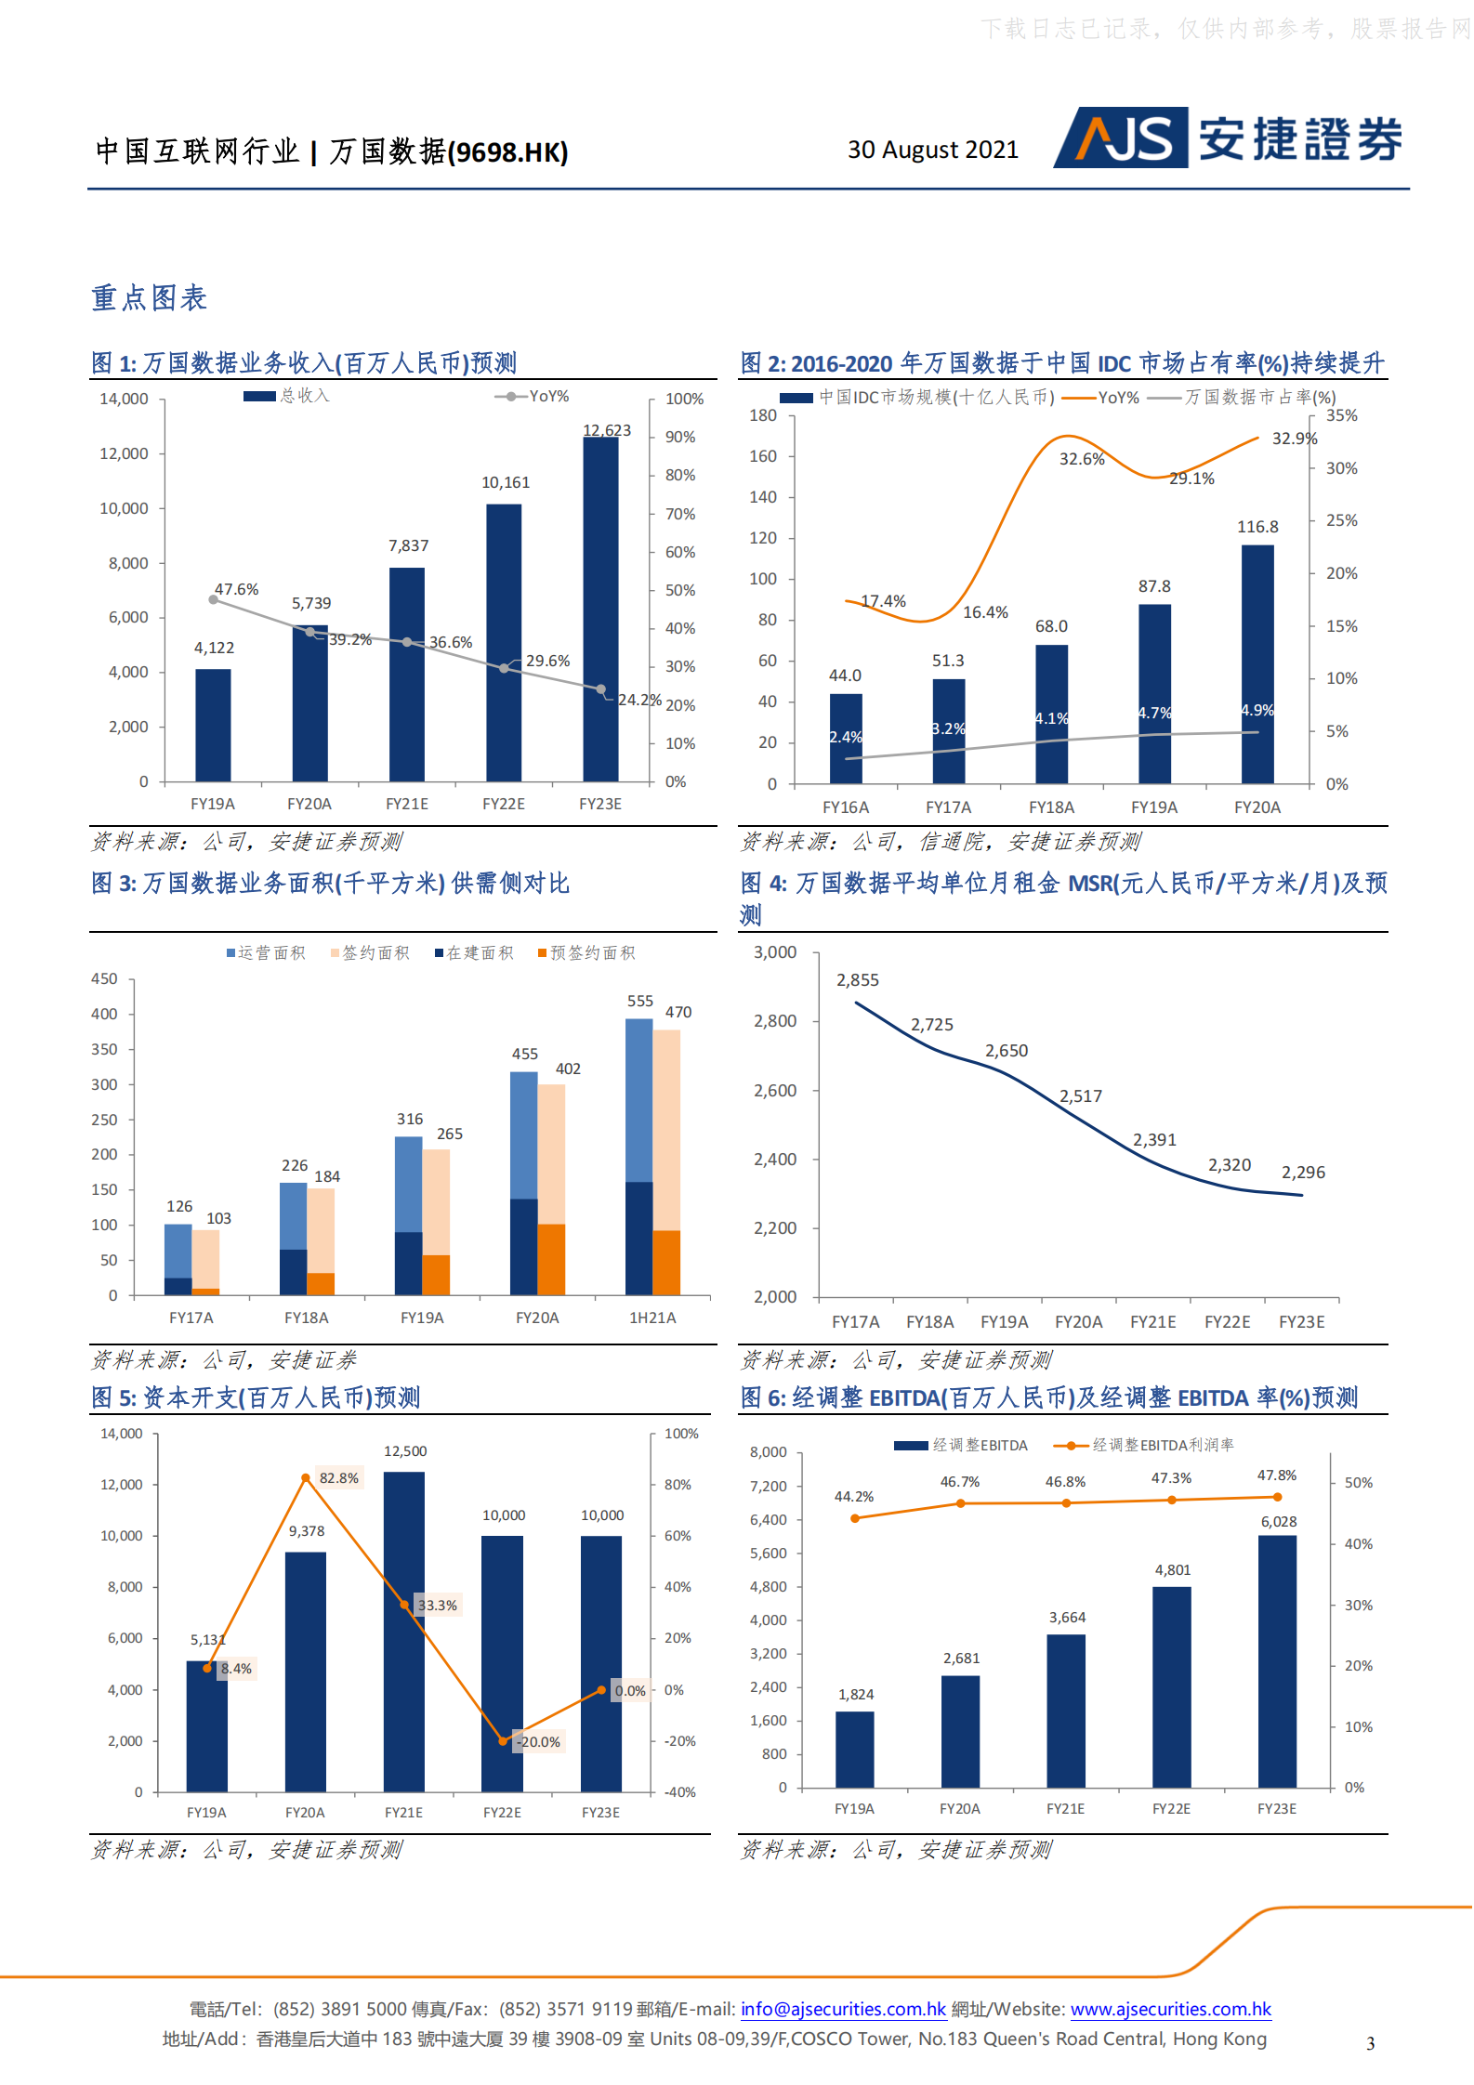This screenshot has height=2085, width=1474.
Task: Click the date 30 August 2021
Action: point(932,150)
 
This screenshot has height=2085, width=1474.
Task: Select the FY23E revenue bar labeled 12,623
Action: point(600,609)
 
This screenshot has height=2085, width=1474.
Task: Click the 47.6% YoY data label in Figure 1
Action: point(236,589)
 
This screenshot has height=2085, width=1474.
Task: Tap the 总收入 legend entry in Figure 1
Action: point(287,396)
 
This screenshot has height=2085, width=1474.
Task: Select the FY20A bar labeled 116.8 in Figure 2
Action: point(1257,663)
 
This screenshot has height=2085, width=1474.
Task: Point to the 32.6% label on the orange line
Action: point(1081,459)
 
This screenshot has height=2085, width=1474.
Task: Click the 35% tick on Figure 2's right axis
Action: point(1341,415)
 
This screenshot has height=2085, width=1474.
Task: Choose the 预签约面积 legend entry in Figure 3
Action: point(586,952)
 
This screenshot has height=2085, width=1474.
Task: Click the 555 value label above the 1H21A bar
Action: point(639,1001)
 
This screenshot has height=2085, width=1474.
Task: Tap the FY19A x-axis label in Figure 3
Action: point(422,1318)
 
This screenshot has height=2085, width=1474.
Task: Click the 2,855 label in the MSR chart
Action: point(857,980)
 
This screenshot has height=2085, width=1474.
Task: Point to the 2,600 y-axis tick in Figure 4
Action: point(775,1090)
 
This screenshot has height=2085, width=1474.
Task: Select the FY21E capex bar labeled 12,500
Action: point(404,1631)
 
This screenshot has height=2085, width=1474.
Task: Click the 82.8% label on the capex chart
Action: point(338,1477)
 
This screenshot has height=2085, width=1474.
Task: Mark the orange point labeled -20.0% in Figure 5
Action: point(503,1740)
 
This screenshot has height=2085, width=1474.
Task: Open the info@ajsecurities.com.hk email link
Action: point(843,2008)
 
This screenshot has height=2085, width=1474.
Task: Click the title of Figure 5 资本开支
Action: point(256,1397)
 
